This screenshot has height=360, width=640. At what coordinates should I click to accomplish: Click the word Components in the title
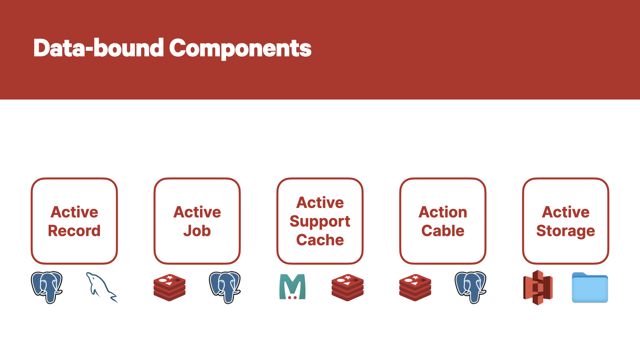tap(240, 49)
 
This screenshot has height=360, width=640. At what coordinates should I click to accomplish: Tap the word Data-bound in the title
tap(99, 48)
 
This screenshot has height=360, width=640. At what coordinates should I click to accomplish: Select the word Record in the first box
tap(74, 231)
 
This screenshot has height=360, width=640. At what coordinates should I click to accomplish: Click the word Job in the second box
tap(197, 231)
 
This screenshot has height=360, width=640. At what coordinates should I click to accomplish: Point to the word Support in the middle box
tap(320, 222)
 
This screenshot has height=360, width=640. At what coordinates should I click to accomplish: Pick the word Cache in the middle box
tap(320, 240)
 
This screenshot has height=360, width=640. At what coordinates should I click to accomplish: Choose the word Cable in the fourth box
tap(443, 231)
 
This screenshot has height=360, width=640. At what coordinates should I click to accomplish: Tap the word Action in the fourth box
tap(443, 212)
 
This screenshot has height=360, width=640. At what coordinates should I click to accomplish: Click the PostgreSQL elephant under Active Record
tap(47, 287)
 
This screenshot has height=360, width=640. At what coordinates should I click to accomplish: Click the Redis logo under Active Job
tap(169, 287)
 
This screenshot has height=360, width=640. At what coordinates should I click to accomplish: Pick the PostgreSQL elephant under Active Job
tap(225, 287)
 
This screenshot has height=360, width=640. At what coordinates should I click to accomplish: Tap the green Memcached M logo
tap(292, 287)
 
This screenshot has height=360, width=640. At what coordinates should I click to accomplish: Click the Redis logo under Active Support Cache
tap(347, 287)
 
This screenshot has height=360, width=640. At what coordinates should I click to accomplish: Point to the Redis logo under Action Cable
tap(415, 287)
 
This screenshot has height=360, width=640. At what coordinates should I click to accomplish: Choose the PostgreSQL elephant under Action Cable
tap(471, 287)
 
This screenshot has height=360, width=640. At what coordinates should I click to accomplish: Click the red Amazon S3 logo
tap(538, 287)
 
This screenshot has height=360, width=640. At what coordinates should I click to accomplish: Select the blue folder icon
tap(590, 287)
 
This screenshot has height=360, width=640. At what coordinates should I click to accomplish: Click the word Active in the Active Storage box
tap(566, 212)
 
